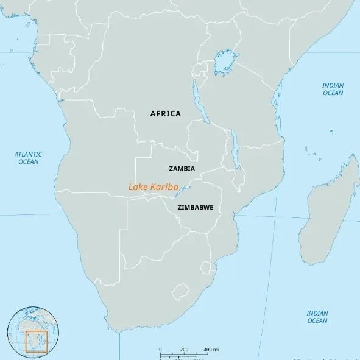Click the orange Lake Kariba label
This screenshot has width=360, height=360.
(x=153, y=188)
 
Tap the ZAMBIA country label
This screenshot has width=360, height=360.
(x=181, y=168)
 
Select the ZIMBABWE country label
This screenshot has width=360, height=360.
(x=195, y=207)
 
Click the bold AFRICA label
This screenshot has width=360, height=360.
(x=166, y=113)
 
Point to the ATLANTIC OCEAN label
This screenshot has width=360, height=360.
(x=28, y=158)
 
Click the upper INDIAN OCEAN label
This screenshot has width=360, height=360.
(x=333, y=89)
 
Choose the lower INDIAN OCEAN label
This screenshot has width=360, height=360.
(x=317, y=316)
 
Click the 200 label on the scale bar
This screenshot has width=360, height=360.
(x=184, y=349)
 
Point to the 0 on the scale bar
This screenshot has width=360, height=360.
(x=161, y=349)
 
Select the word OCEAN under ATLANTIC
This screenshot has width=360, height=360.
(x=28, y=162)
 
